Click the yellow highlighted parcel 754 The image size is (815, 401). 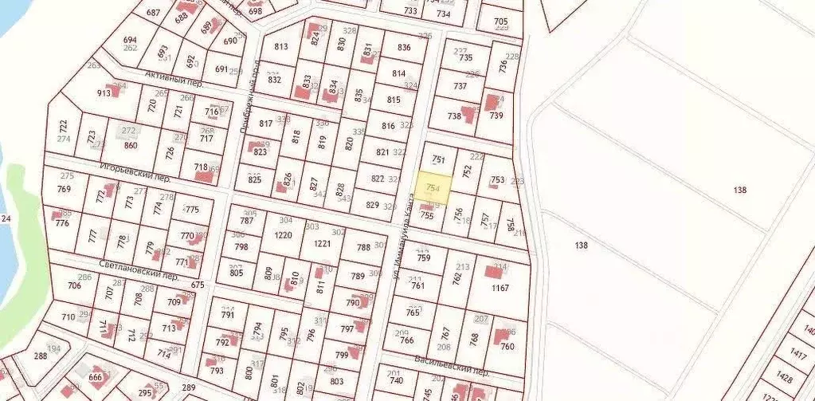click(x=433, y=186)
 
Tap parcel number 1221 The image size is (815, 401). click(x=321, y=243)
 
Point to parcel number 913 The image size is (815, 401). click(x=104, y=92)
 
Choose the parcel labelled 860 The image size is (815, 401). click(x=131, y=145)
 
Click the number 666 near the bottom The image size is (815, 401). click(x=96, y=377)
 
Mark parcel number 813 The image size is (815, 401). click(x=280, y=46)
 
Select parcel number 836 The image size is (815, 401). click(x=404, y=47)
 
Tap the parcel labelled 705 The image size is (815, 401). click(x=501, y=22)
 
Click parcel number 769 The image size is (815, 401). click(x=64, y=189)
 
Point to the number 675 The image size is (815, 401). click(x=198, y=285)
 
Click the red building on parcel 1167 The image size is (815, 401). click(x=493, y=270)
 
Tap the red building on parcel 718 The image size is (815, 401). click(x=204, y=176)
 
